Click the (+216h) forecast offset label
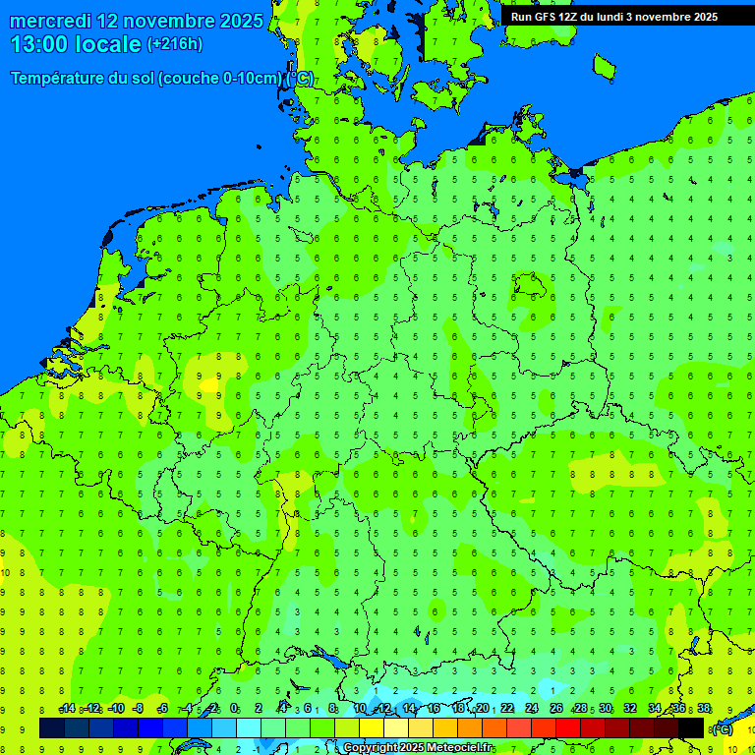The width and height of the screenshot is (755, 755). click(x=175, y=44)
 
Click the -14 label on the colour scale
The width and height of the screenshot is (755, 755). click(x=67, y=709)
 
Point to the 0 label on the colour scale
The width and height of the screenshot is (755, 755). click(x=234, y=709)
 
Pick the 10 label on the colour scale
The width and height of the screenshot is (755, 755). click(x=360, y=709)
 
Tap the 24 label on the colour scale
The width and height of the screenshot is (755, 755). click(x=532, y=709)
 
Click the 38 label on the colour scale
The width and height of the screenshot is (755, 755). click(x=704, y=709)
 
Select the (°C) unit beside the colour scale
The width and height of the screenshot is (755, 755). click(x=722, y=728)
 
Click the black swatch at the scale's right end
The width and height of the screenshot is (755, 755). click(x=691, y=727)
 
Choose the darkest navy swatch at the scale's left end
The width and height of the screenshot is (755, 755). click(x=52, y=727)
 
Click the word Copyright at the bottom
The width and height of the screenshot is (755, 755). click(x=371, y=748)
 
